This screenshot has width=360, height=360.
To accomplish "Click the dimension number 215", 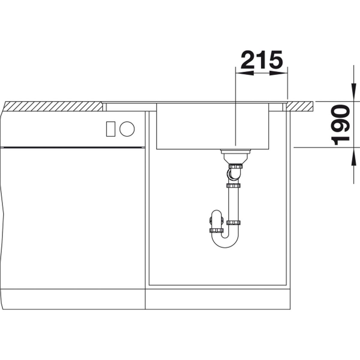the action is click(x=262, y=60).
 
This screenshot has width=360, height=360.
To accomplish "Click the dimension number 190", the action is click(x=340, y=125).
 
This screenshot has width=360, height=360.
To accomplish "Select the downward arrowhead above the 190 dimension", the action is click(x=353, y=92).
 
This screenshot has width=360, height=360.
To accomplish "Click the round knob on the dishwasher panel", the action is click(x=127, y=129).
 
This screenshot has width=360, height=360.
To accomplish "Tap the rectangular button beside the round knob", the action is click(x=111, y=129).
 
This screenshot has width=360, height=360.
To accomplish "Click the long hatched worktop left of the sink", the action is click(x=53, y=106).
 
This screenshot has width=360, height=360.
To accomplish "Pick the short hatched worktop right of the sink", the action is click(x=299, y=106).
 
